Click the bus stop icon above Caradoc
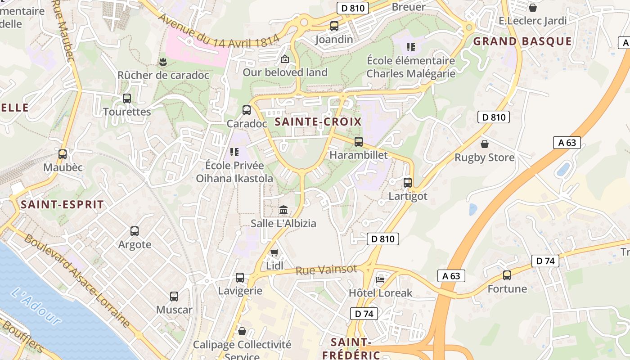(247, 110)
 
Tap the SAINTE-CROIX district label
(318, 121)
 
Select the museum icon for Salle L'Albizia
(283, 210)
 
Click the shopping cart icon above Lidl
(274, 253)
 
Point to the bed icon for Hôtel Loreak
(380, 279)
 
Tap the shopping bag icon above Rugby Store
(485, 144)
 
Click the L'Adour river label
(36, 306)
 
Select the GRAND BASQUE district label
(522, 42)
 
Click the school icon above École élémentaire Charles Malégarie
(410, 47)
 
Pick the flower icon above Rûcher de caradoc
(163, 62)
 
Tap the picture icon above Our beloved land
(285, 59)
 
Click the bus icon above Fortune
(507, 275)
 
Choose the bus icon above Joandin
(334, 26)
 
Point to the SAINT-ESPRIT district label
(63, 205)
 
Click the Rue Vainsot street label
(326, 270)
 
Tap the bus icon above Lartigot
(408, 183)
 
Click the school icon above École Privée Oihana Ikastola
(234, 152)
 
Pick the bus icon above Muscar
(174, 297)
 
